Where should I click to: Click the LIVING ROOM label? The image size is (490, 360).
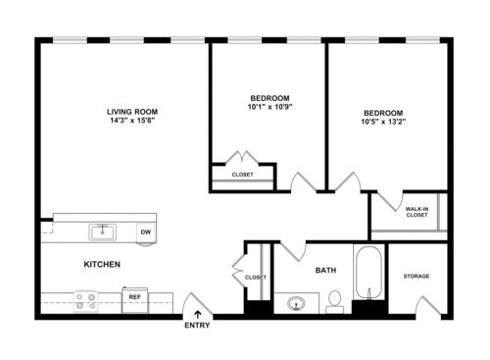[132, 111]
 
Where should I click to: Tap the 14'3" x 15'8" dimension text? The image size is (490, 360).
[132, 122]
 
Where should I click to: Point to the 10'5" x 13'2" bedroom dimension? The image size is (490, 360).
[383, 124]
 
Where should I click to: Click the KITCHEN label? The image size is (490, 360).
[101, 265]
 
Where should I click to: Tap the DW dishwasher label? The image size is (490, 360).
[145, 232]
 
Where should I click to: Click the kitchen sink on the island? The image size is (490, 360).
[101, 232]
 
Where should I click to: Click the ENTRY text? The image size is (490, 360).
[196, 326]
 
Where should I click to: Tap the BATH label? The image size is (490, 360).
[326, 270]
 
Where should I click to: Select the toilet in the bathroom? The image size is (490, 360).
[333, 299]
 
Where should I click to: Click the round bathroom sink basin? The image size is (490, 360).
[296, 303]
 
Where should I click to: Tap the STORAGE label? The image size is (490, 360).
[416, 276]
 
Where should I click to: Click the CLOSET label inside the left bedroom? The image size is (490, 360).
[242, 175]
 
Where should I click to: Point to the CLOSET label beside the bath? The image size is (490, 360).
[256, 278]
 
